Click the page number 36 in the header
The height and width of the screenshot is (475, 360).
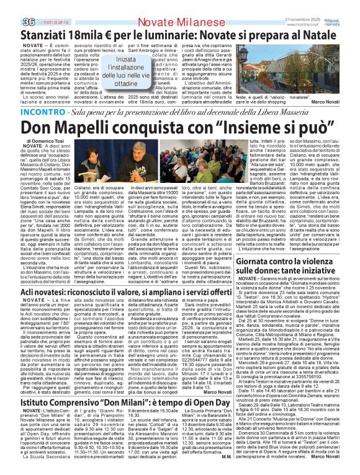pos(11,6)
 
